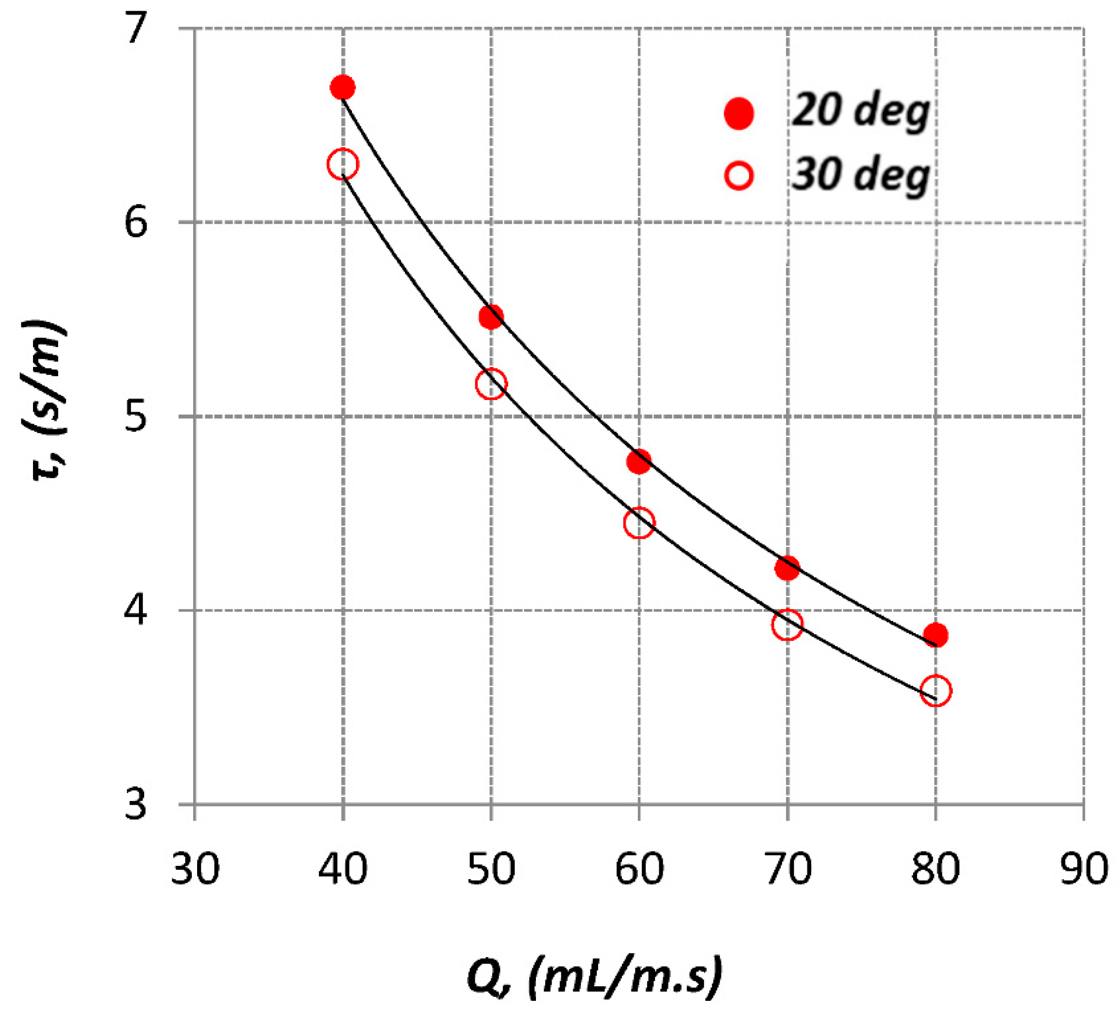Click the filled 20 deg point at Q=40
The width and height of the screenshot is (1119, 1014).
pyautogui.click(x=342, y=87)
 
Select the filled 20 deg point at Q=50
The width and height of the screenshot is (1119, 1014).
pyautogui.click(x=491, y=317)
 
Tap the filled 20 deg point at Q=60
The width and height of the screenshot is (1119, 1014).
pyautogui.click(x=639, y=462)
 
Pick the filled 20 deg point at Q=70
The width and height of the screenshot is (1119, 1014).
pyautogui.click(x=787, y=568)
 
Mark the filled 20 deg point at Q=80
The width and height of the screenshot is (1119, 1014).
pyautogui.click(x=936, y=634)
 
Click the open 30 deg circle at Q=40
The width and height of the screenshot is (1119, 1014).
pyautogui.click(x=342, y=164)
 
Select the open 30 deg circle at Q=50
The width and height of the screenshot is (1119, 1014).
pyautogui.click(x=491, y=383)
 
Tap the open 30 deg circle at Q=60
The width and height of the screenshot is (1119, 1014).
pyautogui.click(x=639, y=523)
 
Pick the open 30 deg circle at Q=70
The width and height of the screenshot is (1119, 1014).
pyautogui.click(x=787, y=624)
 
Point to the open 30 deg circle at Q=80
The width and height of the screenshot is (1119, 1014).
pyautogui.click(x=936, y=691)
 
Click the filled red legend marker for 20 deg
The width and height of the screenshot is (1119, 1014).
pyautogui.click(x=739, y=114)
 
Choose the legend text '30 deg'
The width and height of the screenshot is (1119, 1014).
pyautogui.click(x=860, y=175)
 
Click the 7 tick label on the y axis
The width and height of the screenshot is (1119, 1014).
pyautogui.click(x=135, y=29)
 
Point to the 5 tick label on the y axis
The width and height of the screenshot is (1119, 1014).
pyautogui.click(x=135, y=417)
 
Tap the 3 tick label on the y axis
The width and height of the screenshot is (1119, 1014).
pyautogui.click(x=135, y=804)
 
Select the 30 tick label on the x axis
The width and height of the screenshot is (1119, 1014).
pyautogui.click(x=195, y=870)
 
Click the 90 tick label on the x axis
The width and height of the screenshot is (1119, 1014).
pyautogui.click(x=1084, y=870)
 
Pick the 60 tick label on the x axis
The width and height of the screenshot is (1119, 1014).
pyautogui.click(x=639, y=870)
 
